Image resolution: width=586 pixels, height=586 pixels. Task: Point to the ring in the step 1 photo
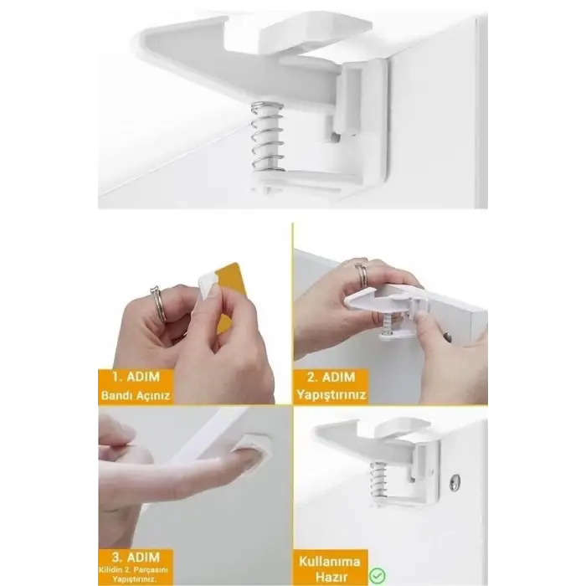[157, 301]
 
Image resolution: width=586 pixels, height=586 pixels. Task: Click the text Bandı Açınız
[135, 394]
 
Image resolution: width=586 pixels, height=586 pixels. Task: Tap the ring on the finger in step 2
[361, 275]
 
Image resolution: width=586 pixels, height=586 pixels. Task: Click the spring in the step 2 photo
[389, 321]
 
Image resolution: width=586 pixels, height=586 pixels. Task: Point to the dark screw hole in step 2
[447, 337]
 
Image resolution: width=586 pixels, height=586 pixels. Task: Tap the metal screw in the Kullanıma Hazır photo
[453, 482]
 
